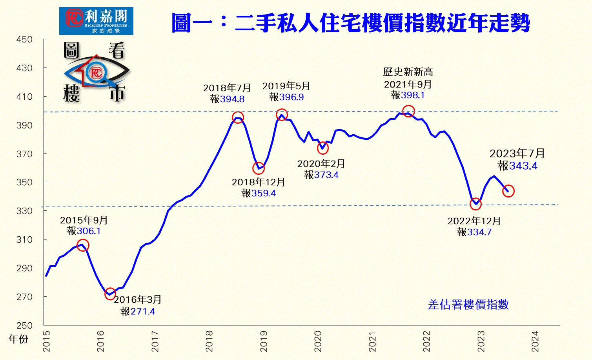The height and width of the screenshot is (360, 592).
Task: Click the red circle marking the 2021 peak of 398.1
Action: (408, 111)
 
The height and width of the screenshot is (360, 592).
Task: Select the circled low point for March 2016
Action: (110, 294)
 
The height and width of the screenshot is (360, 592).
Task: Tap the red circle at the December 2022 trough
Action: (475, 204)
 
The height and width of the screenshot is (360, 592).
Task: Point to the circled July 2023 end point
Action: (508, 191)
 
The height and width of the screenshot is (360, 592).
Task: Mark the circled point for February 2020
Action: (322, 148)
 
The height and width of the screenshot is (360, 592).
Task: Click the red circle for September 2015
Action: (83, 245)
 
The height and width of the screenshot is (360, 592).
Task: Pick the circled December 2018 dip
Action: (259, 168)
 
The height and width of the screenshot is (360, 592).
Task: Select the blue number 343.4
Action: (523, 166)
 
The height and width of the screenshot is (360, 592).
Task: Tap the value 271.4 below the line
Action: (143, 312)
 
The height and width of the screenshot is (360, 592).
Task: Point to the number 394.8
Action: (232, 99)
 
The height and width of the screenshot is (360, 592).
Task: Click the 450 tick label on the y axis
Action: (24, 40)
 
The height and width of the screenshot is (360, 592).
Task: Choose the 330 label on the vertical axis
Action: (24, 211)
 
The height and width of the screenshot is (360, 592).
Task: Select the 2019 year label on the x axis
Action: (264, 341)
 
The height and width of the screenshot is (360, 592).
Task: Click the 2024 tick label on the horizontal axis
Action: (535, 341)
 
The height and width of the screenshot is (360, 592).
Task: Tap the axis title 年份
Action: (18, 339)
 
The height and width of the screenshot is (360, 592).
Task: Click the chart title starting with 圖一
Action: (350, 23)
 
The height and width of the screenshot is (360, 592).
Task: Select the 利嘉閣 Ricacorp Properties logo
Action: (96, 21)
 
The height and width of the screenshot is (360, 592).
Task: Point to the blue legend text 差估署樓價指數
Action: (468, 305)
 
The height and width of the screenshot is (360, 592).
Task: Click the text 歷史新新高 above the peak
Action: (408, 72)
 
